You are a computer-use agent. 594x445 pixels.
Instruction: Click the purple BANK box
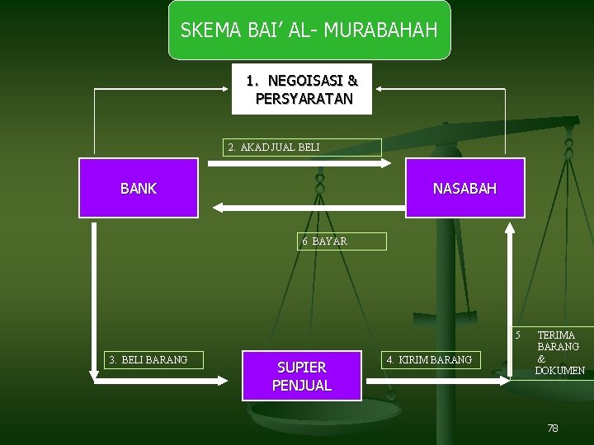tap(139, 188)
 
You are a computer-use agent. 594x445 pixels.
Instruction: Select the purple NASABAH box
tap(464, 188)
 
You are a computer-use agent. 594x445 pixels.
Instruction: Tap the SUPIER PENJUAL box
tap(302, 376)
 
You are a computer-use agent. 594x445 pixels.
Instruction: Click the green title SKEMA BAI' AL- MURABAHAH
tap(309, 30)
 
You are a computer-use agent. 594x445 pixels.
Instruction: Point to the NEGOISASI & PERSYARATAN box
tap(302, 89)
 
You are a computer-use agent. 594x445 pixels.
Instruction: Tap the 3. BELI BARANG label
tap(148, 359)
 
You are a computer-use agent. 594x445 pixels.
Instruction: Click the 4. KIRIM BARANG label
tap(430, 359)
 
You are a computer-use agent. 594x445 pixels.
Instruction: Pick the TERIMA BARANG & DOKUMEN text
tap(559, 353)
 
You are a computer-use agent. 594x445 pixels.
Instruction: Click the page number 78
tap(553, 429)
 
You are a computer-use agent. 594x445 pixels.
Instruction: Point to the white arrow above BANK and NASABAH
tap(299, 163)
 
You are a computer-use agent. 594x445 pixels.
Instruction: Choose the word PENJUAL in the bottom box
tap(302, 386)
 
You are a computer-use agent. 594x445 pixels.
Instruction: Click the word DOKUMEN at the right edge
tap(560, 371)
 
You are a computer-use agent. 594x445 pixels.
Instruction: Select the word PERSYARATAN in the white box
tap(304, 99)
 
